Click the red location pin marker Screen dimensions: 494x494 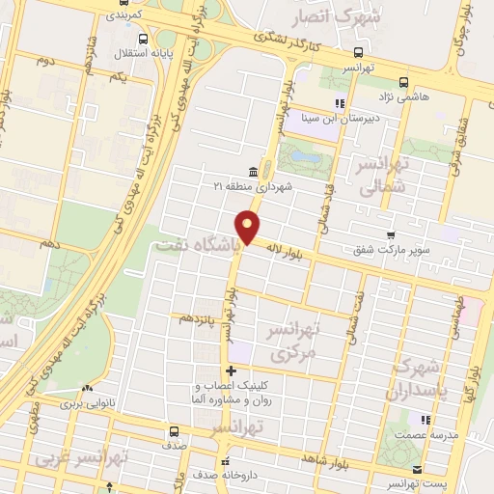[x=248, y=226]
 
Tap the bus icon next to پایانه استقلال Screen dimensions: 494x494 [x=143, y=40]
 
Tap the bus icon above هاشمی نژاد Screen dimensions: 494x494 [x=403, y=82]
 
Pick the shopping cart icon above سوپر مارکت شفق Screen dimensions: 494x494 [x=390, y=235]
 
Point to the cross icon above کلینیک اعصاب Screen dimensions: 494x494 [x=230, y=370]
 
